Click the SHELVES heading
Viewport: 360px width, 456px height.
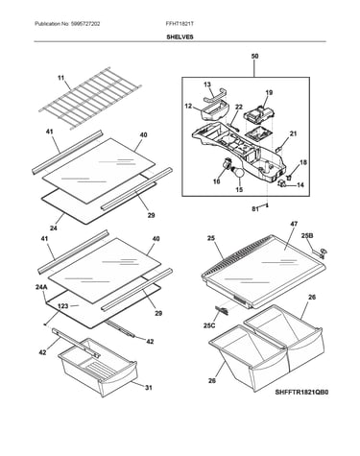(x=180, y=36)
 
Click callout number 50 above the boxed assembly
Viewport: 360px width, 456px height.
(x=254, y=56)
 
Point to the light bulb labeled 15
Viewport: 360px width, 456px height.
(x=239, y=174)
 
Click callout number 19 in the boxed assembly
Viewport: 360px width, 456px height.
(x=269, y=93)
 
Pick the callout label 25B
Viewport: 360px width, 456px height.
(x=307, y=236)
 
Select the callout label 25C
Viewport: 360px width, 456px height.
(x=209, y=325)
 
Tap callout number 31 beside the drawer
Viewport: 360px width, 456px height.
(x=149, y=388)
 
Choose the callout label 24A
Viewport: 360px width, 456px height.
(x=41, y=287)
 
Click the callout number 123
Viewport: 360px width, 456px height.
(x=63, y=306)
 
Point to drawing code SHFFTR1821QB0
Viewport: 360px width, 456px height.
(x=301, y=392)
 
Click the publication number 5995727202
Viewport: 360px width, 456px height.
(x=84, y=24)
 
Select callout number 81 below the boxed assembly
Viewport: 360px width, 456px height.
(x=255, y=209)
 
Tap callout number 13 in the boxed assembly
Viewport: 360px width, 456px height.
(x=207, y=84)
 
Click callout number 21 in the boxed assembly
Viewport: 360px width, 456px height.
(x=293, y=134)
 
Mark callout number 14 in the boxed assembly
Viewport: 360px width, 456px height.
(x=300, y=185)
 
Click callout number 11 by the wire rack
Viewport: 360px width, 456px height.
(x=60, y=78)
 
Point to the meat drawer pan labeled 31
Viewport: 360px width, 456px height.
(x=98, y=367)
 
